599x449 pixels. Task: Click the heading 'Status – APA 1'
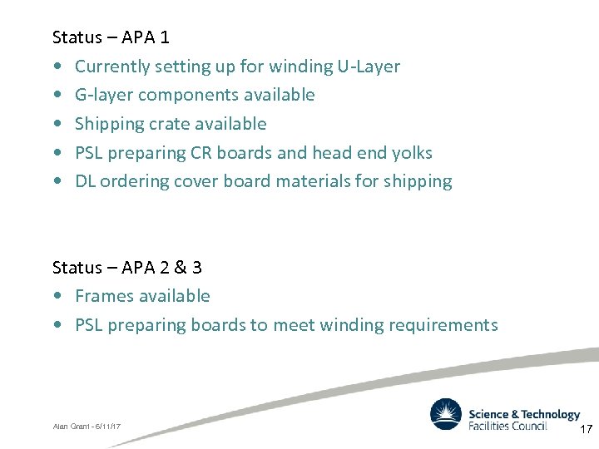click(x=111, y=37)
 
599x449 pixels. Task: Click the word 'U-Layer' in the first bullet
click(x=368, y=67)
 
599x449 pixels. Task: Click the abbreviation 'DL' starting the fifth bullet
click(x=85, y=181)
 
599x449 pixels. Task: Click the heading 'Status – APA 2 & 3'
click(x=126, y=268)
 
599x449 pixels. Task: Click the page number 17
click(x=586, y=430)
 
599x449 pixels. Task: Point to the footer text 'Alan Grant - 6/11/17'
click(x=87, y=427)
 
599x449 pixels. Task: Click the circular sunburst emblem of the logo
click(x=446, y=415)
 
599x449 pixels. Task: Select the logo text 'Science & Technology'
click(x=524, y=414)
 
